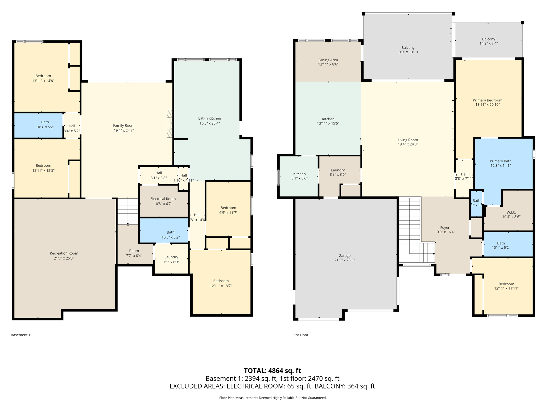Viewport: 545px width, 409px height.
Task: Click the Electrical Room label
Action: (163, 199)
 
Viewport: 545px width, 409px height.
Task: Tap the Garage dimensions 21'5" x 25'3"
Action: (344, 260)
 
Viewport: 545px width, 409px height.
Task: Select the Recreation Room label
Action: (64, 253)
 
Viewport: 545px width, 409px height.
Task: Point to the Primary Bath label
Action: (500, 161)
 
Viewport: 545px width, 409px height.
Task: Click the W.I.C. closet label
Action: (511, 212)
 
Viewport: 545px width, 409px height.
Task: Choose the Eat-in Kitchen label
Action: (209, 118)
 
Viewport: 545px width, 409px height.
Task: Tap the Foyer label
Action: (445, 228)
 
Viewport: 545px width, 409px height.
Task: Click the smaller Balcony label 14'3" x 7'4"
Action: (488, 43)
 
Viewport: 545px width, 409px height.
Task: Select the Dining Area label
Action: (328, 60)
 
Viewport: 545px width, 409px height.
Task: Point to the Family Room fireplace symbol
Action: (170, 124)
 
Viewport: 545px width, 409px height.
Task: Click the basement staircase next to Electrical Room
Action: (128, 211)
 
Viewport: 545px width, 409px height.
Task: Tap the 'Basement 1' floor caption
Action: (20, 335)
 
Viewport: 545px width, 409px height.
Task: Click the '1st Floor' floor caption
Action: (301, 335)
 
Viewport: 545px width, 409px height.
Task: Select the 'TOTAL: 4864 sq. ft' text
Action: (272, 371)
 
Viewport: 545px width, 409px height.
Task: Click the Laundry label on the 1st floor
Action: (338, 170)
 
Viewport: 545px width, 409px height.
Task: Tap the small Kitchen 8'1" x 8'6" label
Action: (299, 174)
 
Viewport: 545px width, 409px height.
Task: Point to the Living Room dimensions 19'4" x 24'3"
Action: (408, 144)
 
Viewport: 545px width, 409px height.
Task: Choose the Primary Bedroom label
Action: (487, 100)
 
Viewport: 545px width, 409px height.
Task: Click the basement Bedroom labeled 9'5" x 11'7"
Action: (228, 210)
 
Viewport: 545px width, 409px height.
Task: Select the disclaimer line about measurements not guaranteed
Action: (272, 398)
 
